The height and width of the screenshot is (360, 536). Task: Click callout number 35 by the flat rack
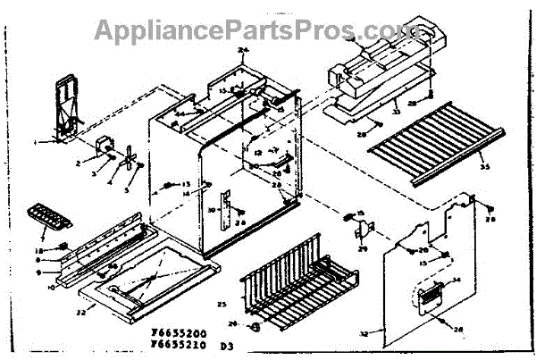point(485,167)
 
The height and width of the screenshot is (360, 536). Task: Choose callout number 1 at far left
point(35,142)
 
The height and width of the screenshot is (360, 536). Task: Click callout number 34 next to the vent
point(457,281)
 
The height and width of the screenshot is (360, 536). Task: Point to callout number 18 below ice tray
point(39,250)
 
